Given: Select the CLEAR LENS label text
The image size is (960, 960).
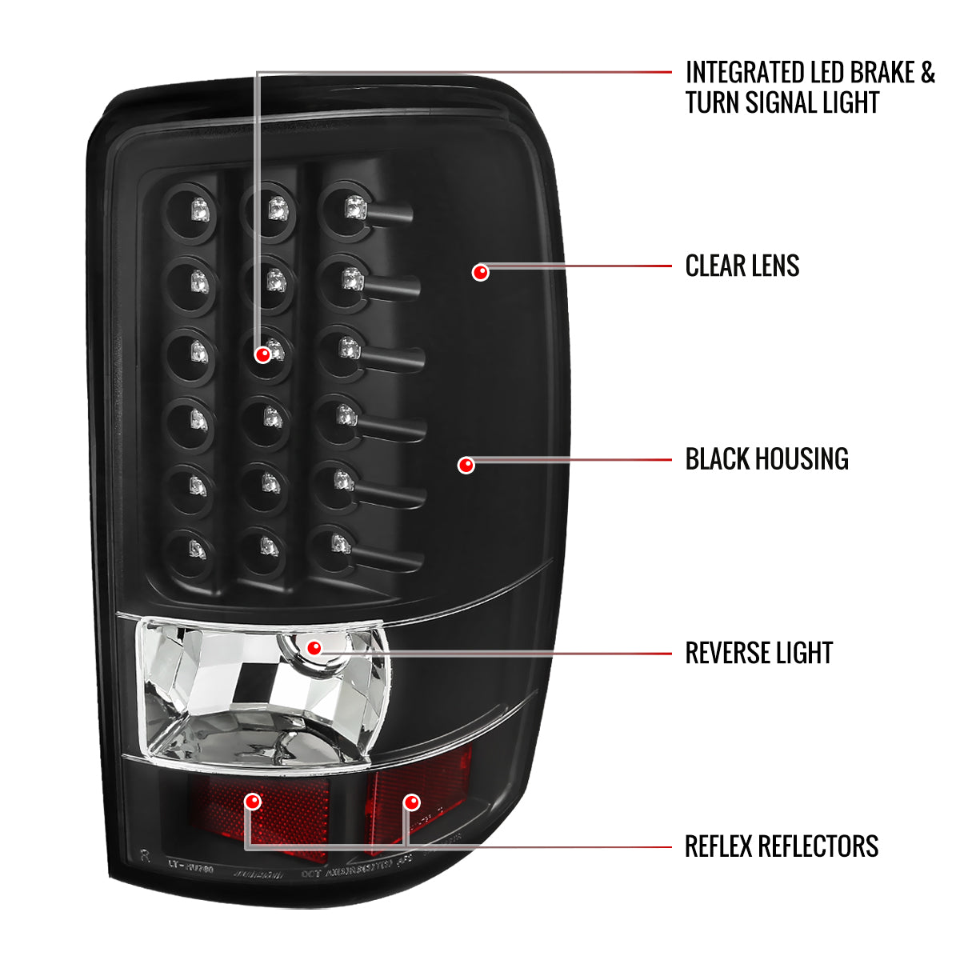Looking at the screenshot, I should [742, 266].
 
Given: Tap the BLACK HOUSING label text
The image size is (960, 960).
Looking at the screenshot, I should [766, 459].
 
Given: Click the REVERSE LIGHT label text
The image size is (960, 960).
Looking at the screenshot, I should [758, 653].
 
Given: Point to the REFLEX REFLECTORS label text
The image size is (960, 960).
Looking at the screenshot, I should [781, 846].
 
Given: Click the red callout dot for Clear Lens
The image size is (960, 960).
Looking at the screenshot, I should [480, 273].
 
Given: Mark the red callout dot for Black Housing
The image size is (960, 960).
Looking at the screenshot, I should [466, 465].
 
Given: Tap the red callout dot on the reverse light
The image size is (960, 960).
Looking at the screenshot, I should [314, 647].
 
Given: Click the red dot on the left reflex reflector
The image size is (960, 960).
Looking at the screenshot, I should [254, 801].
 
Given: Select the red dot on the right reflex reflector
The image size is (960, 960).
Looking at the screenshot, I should [411, 801].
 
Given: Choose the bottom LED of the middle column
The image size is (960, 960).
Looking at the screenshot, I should [268, 546].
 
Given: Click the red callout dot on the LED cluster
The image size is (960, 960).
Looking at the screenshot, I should [262, 354].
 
